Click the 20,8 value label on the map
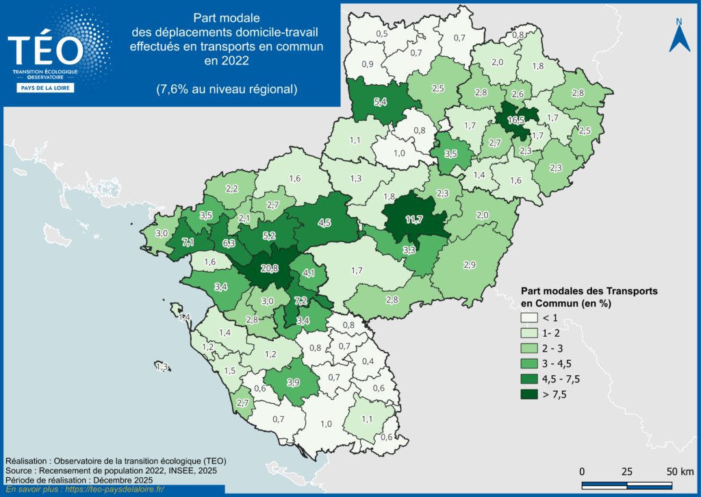click(x=265, y=269)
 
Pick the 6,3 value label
click(x=228, y=243)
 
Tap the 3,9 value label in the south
click(x=293, y=382)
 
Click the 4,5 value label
click(x=324, y=222)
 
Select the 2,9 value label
click(x=470, y=265)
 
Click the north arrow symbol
click(x=678, y=38)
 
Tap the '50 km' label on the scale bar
click(x=681, y=472)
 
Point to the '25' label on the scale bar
click(x=626, y=472)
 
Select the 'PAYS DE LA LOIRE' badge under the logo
click(x=45, y=88)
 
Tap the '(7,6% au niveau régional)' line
click(x=227, y=89)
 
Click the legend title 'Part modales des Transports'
click(x=589, y=291)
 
